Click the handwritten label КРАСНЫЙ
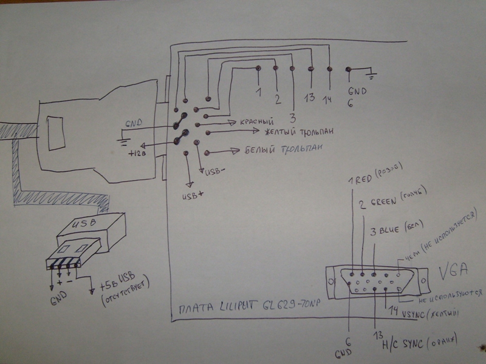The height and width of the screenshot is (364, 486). pos(256,122)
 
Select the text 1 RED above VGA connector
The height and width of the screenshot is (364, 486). pos(363,180)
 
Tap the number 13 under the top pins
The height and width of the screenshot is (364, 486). pos(310,98)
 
